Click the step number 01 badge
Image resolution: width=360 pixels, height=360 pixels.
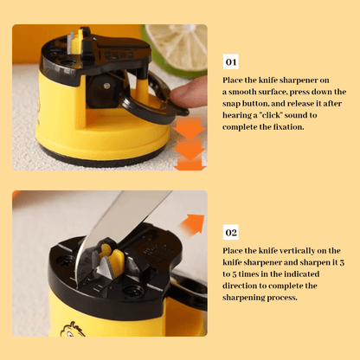pyautogui.click(x=231, y=61)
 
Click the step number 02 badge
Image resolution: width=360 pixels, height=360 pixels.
pyautogui.click(x=231, y=232)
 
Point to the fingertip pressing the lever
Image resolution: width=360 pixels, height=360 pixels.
pyautogui.click(x=188, y=92)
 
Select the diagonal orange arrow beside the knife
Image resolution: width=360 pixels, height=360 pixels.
pyautogui.click(x=193, y=224)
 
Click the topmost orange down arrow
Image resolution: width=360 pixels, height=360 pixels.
pyautogui.click(x=189, y=128)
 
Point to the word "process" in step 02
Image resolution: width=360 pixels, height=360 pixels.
pyautogui.click(x=282, y=298)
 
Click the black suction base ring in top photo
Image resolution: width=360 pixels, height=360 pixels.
pyautogui.click(x=104, y=158)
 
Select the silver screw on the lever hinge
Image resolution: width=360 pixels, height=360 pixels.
pyautogui.click(x=106, y=86)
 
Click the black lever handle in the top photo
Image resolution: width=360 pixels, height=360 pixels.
pyautogui.click(x=153, y=101)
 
